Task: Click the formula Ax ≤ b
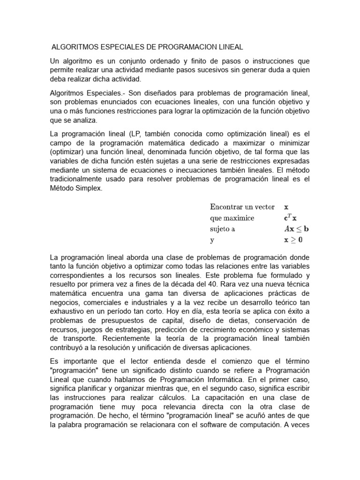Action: click(297, 229)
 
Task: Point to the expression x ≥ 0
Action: click(294, 240)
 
